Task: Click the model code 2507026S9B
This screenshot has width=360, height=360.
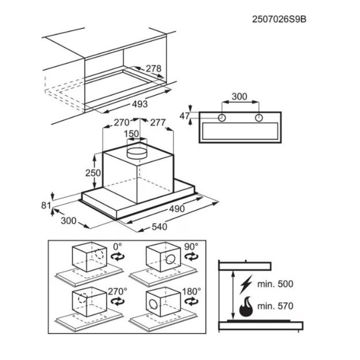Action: [x=279, y=19]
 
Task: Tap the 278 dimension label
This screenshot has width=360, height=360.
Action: [x=154, y=69]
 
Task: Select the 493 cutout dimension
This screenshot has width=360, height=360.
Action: [x=140, y=104]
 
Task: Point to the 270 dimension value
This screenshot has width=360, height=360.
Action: [x=122, y=122]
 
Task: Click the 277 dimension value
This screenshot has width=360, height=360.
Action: [x=158, y=122]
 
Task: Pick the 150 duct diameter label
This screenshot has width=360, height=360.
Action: [x=131, y=134]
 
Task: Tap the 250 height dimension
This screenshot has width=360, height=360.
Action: [x=93, y=173]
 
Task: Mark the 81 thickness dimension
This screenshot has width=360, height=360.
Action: [x=46, y=205]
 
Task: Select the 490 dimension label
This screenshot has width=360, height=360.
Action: [x=177, y=209]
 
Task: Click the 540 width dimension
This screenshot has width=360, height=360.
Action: [x=160, y=227]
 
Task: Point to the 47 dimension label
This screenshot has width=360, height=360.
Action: [x=185, y=116]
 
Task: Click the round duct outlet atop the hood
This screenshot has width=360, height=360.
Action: [x=137, y=153]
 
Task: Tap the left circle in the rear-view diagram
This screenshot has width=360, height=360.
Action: [x=222, y=118]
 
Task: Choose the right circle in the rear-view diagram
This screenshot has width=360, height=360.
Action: [x=259, y=118]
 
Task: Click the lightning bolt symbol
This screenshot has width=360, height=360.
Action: [x=246, y=284]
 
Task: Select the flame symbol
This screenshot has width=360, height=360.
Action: [x=246, y=306]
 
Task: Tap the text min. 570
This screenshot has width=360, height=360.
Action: [x=275, y=306]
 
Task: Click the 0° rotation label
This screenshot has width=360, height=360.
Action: [x=118, y=247]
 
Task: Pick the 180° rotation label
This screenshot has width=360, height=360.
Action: [x=191, y=291]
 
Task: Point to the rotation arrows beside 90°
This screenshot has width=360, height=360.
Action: [x=191, y=256]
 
